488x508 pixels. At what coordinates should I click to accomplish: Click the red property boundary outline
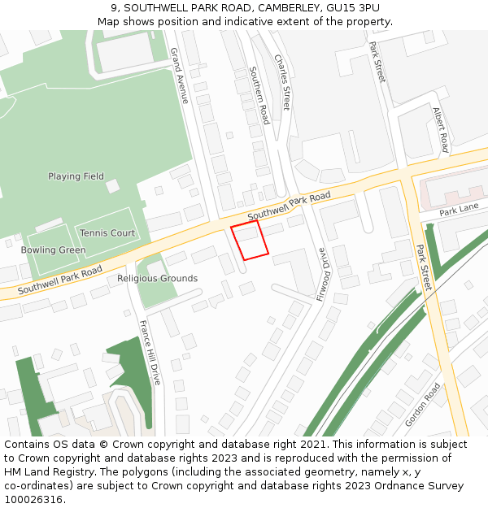(x=250, y=241)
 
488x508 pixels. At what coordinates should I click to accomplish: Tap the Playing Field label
(x=76, y=176)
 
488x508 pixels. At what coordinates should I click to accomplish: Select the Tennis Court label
(x=107, y=233)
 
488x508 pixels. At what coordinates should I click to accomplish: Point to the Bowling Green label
(x=53, y=250)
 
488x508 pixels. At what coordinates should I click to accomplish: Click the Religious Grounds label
(x=157, y=279)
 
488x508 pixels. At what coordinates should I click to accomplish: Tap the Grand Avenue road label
(x=179, y=76)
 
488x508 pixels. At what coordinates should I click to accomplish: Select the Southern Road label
(x=259, y=95)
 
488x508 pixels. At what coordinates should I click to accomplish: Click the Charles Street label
(x=281, y=82)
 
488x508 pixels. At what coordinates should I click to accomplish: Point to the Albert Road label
(x=441, y=130)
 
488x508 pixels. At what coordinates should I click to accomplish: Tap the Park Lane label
(x=459, y=211)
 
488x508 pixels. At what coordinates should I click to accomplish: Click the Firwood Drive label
(x=324, y=274)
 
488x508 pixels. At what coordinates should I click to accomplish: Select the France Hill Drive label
(x=150, y=351)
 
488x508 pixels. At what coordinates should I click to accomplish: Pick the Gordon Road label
(x=422, y=404)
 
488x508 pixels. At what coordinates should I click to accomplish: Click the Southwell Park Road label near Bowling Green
(x=60, y=279)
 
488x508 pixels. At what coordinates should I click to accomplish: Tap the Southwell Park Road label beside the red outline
(x=289, y=206)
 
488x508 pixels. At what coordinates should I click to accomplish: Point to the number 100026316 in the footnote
(x=33, y=500)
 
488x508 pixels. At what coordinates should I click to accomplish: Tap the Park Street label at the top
(x=377, y=62)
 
